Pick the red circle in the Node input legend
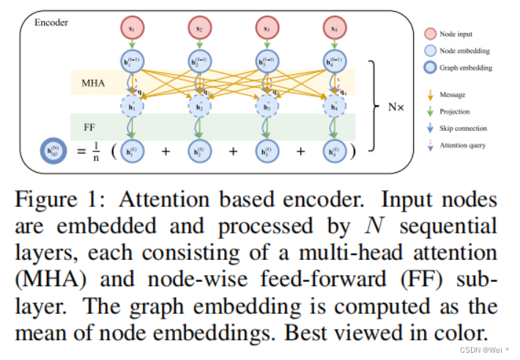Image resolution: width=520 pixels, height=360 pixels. tap(429, 34)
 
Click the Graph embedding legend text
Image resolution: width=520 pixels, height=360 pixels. tap(466, 67)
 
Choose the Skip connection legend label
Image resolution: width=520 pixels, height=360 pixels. tap(463, 128)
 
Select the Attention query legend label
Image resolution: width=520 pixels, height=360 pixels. tap(463, 145)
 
